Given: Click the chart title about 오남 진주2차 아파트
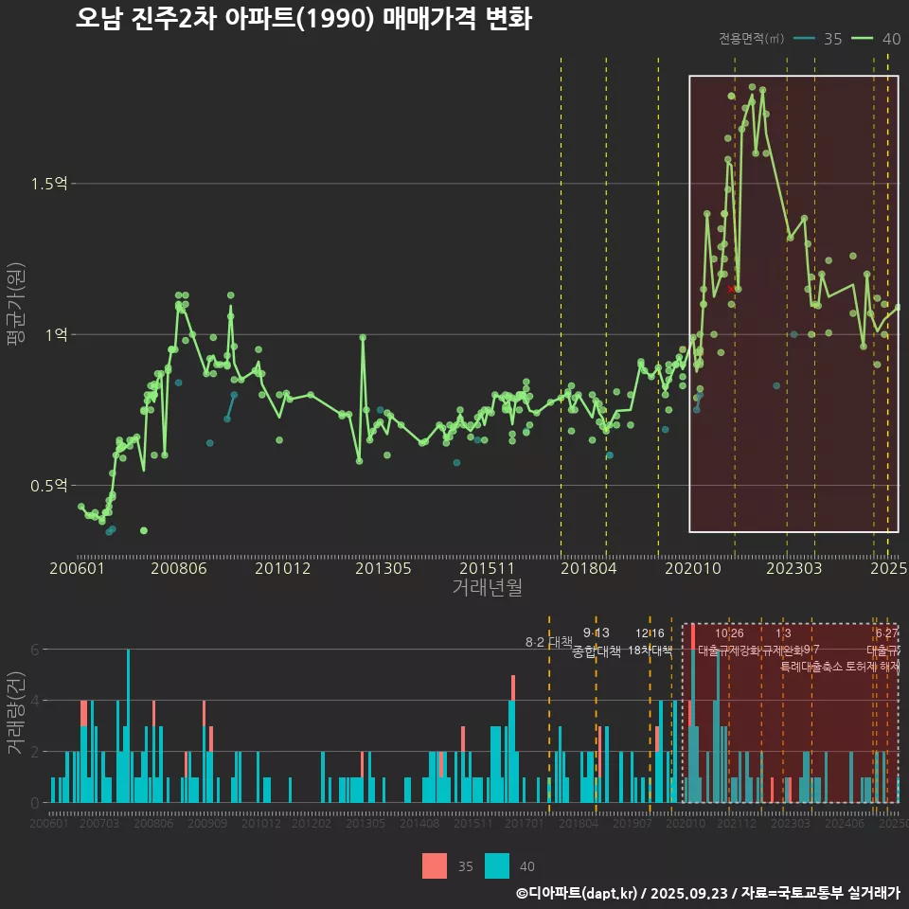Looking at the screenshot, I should click(303, 19).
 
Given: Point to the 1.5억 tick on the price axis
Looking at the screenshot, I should click(49, 184).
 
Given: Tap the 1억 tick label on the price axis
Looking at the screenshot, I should click(56, 334).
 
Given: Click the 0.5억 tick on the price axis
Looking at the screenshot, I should click(49, 486).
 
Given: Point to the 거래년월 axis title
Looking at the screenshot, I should click(487, 588).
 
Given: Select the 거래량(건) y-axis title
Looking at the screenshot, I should click(16, 713).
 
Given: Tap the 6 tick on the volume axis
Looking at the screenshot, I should click(35, 650).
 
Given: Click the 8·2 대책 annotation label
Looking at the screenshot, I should click(549, 642).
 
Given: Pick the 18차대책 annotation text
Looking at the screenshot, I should click(650, 651).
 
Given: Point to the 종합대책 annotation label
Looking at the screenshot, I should click(597, 651).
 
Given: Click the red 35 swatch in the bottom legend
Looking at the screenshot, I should click(435, 865).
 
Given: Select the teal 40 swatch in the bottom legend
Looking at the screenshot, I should click(497, 865).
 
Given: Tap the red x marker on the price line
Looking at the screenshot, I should click(732, 289).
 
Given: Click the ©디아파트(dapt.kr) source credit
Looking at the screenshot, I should click(578, 893).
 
